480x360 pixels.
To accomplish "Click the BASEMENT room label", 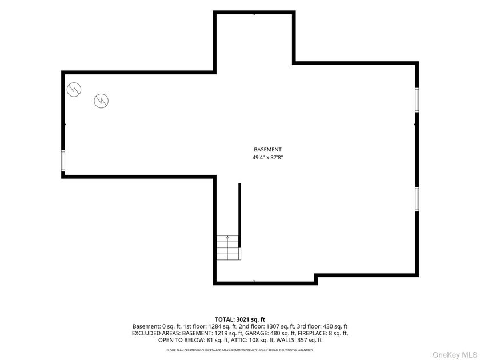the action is pyautogui.click(x=267, y=149).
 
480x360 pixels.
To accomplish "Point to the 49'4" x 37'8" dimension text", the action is pyautogui.click(x=267, y=158).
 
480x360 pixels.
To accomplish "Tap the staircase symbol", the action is pyautogui.click(x=229, y=247).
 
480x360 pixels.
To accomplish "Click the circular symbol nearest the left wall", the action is pyautogui.click(x=74, y=90).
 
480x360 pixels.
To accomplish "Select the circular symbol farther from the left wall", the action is pyautogui.click(x=101, y=101).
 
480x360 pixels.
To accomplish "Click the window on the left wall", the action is pyautogui.click(x=63, y=161).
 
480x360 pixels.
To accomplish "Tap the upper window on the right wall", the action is pyautogui.click(x=417, y=100).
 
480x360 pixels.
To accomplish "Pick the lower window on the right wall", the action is pyautogui.click(x=417, y=199).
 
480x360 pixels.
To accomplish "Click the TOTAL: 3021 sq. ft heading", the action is pyautogui.click(x=240, y=319).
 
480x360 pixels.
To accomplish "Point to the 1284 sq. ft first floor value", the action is pyautogui.click(x=213, y=327).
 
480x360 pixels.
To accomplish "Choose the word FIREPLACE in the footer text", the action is pyautogui.click(x=312, y=333).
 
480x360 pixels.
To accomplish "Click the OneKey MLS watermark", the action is pyautogui.click(x=455, y=354).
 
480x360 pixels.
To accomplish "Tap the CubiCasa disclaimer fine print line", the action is pyautogui.click(x=240, y=350).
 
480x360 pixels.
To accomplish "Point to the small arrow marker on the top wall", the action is pyautogui.click(x=254, y=14).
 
